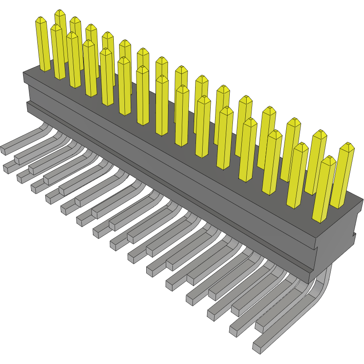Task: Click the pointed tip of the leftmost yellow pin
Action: click(41, 20)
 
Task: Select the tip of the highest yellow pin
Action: click(60, 12)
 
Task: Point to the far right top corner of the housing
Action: click(362, 199)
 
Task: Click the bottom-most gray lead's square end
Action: click(257, 348)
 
